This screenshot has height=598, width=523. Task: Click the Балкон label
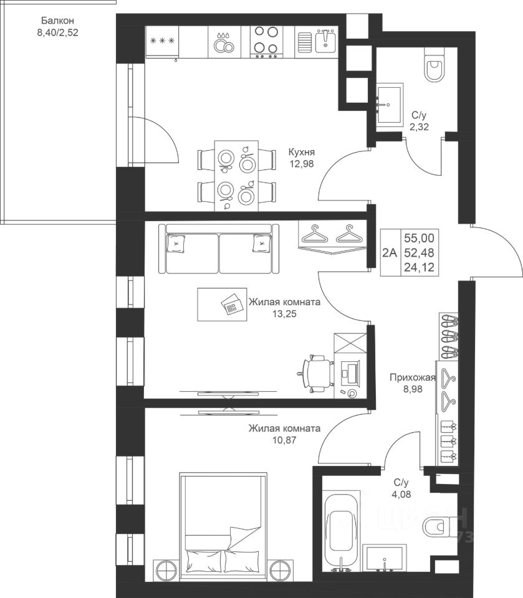tap(57, 21)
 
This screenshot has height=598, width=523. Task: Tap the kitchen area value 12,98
tap(302, 164)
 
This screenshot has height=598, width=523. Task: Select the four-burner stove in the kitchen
tap(266, 42)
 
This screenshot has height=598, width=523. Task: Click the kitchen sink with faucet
tap(316, 42)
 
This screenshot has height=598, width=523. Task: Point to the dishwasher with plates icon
tap(224, 42)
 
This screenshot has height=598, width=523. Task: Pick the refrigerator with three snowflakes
tap(163, 42)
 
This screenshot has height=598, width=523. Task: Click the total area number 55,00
tap(419, 239)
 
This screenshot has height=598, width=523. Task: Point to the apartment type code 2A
tap(390, 252)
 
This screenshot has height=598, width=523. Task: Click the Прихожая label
tap(412, 377)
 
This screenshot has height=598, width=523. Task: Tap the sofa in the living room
tap(219, 249)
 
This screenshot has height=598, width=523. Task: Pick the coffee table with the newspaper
tap(222, 305)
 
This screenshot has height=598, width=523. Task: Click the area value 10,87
tap(284, 440)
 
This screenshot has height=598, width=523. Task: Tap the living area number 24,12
tap(419, 267)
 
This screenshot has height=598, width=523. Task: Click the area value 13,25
tap(284, 314)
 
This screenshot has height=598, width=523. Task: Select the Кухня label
tap(302, 152)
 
